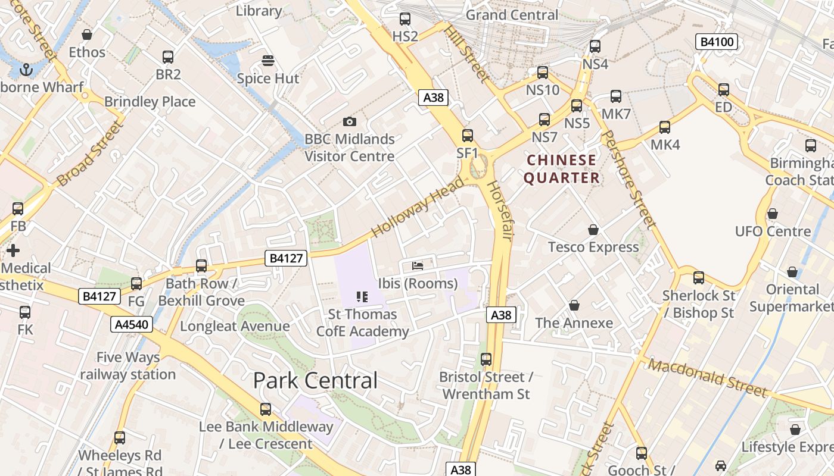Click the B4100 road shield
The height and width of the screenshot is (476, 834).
point(717,42)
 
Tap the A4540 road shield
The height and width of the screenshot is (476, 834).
point(132,324)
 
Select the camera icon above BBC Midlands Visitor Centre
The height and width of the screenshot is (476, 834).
point(350,121)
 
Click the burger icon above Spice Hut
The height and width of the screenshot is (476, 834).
point(268,60)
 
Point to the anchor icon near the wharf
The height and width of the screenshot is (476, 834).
point(26,70)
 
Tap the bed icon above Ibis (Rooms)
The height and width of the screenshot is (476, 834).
point(418,265)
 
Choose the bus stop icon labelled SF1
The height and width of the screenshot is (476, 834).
point(468,135)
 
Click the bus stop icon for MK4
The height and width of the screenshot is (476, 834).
point(665,127)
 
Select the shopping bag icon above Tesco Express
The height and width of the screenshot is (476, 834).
point(593,229)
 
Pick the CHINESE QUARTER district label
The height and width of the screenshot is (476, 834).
point(561,169)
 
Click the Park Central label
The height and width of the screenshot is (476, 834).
point(315,380)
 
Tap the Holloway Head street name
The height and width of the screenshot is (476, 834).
point(417,206)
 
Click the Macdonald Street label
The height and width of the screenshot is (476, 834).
point(707,378)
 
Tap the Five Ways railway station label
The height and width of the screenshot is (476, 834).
point(127,366)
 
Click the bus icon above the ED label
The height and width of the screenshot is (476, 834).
point(723,89)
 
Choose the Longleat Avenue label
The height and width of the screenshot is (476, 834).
point(235,326)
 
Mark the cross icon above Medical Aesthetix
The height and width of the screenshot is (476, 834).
point(13,250)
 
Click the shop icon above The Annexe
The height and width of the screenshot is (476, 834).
point(574,305)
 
